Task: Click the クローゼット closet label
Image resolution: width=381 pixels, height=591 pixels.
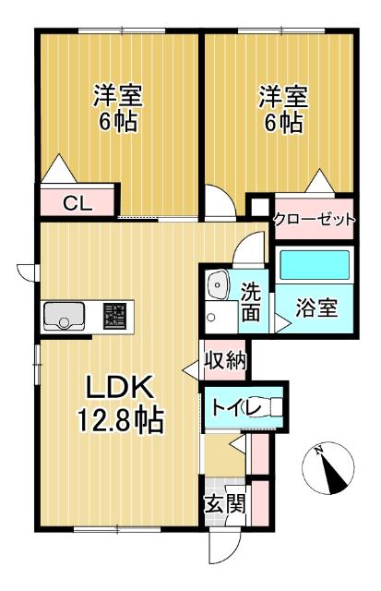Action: pos(314,219)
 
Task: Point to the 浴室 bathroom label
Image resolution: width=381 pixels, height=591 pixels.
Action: pos(316,308)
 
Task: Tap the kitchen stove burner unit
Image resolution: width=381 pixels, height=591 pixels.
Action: pos(115,316)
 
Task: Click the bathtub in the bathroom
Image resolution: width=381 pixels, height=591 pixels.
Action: pos(315,264)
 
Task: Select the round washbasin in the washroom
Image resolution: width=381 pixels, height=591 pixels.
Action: pos(219,284)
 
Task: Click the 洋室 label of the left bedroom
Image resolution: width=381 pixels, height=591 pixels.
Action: pos(117,96)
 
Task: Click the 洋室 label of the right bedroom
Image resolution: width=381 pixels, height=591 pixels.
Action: pos(282,96)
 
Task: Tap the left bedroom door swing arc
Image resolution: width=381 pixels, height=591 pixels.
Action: pos(220,200)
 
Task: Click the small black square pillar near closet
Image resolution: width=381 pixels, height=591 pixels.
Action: pos(259,206)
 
